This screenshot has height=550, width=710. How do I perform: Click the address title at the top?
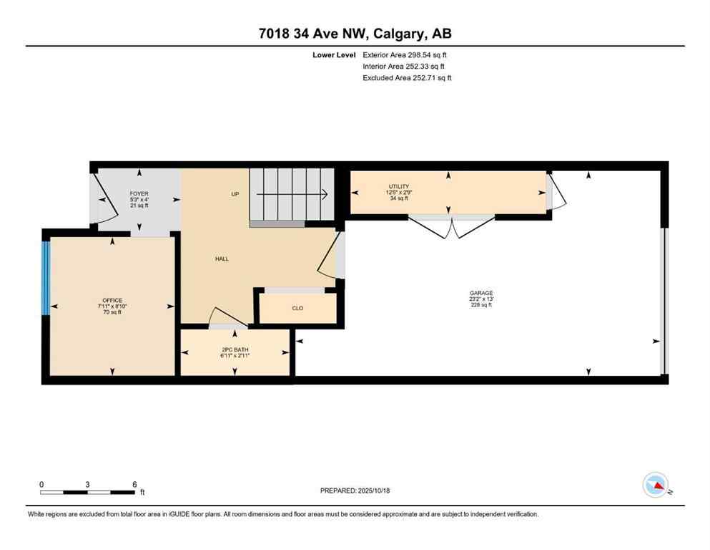tap(355, 34)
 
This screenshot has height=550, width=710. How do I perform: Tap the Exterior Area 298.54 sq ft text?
tap(405, 54)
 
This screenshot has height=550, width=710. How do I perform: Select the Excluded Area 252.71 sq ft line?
tap(407, 78)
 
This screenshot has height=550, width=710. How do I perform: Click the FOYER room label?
tap(139, 194)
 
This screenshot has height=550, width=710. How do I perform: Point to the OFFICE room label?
tap(112, 301)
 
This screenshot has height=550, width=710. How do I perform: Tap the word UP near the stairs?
tap(235, 194)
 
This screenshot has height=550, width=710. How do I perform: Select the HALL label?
tap(222, 259)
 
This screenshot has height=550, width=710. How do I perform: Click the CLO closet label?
tap(297, 309)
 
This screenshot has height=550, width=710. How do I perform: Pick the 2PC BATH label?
tap(235, 349)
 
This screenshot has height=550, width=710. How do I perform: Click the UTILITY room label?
tap(399, 186)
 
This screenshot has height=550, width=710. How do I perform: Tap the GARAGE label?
tap(481, 293)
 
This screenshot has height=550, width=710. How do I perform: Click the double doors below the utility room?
tap(451, 226)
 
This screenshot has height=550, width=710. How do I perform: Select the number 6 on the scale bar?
tap(134, 484)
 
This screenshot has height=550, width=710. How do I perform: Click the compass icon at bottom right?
tap(655, 485)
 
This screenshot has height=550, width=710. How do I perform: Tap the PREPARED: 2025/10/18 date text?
tap(355, 491)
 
